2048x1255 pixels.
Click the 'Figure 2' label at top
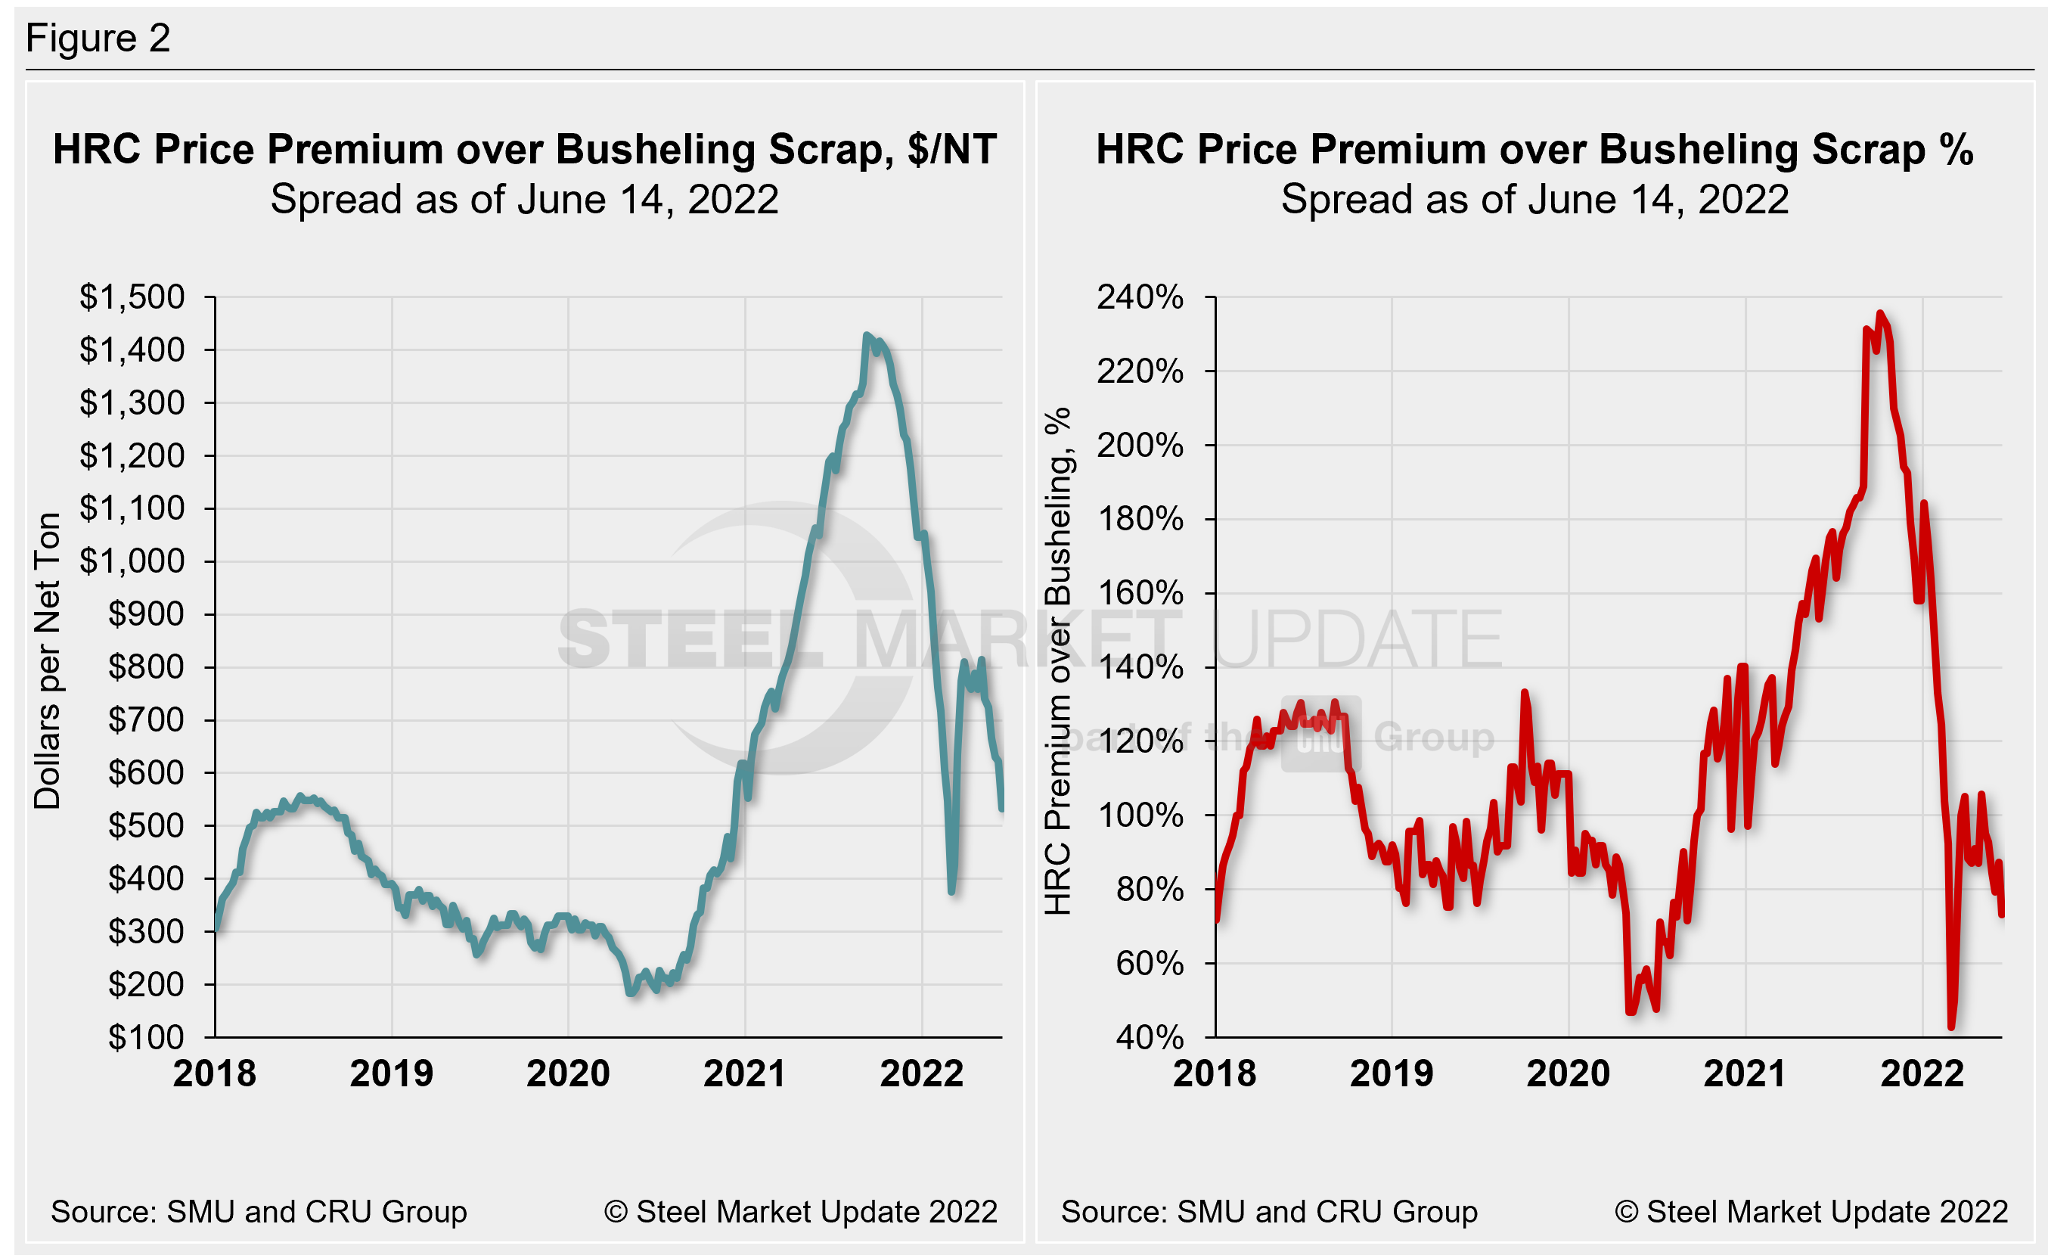(x=98, y=39)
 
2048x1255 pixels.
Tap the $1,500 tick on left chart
(x=132, y=297)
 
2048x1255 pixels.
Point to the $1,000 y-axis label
(x=132, y=561)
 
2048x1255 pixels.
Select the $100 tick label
(x=146, y=1037)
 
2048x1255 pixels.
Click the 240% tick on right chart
(x=1140, y=297)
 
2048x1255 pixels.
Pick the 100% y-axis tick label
(x=1140, y=815)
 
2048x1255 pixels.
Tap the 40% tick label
(x=1150, y=1037)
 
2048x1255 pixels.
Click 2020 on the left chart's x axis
(x=568, y=1073)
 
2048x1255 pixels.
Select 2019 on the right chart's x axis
(x=1392, y=1073)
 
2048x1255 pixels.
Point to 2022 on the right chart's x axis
(x=1922, y=1073)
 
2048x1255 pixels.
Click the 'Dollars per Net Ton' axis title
(x=48, y=660)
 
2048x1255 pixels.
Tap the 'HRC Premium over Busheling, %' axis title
(x=1058, y=660)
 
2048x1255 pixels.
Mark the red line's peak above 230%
(x=1880, y=313)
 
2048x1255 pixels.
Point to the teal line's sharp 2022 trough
(x=951, y=892)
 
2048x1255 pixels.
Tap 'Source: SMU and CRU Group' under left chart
(x=259, y=1212)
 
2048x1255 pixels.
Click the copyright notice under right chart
(x=1811, y=1212)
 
